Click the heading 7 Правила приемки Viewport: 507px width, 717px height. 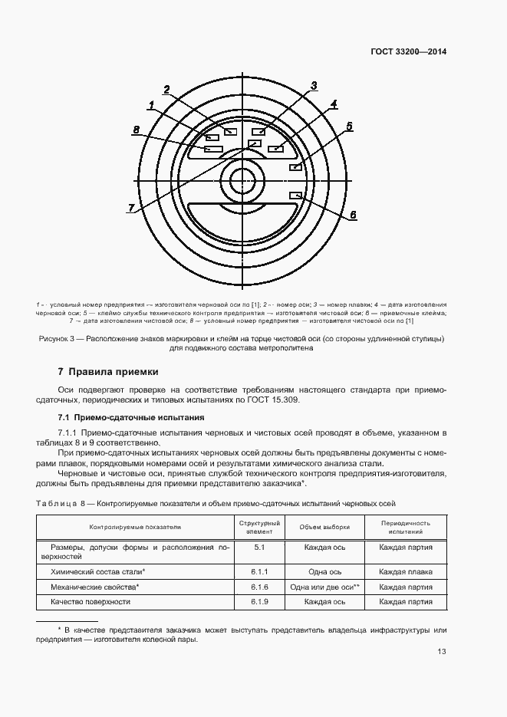pyautogui.click(x=108, y=372)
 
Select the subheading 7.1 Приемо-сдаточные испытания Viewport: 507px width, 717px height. pyautogui.click(x=131, y=418)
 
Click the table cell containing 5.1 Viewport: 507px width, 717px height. pyautogui.click(x=258, y=548)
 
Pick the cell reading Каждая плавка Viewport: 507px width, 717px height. pyautogui.click(x=405, y=571)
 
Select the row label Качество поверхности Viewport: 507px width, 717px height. pyautogui.click(x=91, y=602)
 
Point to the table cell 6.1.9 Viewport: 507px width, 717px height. pyautogui.click(x=258, y=602)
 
